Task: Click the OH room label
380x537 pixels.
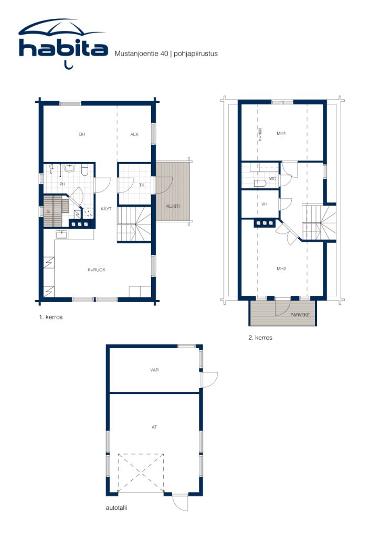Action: pyautogui.click(x=82, y=135)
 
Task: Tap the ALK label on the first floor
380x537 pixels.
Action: pyautogui.click(x=134, y=135)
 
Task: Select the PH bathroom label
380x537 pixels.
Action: pyautogui.click(x=62, y=185)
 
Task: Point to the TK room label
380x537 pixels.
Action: pyautogui.click(x=142, y=185)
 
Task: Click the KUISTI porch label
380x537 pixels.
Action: pyautogui.click(x=173, y=206)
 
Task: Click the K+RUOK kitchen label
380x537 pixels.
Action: pyautogui.click(x=97, y=270)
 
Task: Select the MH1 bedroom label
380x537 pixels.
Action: pyautogui.click(x=281, y=133)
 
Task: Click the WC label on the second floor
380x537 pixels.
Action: pyautogui.click(x=272, y=179)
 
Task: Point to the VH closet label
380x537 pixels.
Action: pyautogui.click(x=265, y=205)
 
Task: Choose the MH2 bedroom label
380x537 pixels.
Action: pyautogui.click(x=281, y=268)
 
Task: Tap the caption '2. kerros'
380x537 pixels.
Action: pyautogui.click(x=260, y=338)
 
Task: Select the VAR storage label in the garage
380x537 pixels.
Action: pyautogui.click(x=154, y=370)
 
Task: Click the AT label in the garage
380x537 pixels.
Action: pyautogui.click(x=154, y=427)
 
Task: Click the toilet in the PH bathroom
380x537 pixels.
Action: pyautogui.click(x=84, y=170)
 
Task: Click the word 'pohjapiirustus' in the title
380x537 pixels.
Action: pyautogui.click(x=195, y=53)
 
